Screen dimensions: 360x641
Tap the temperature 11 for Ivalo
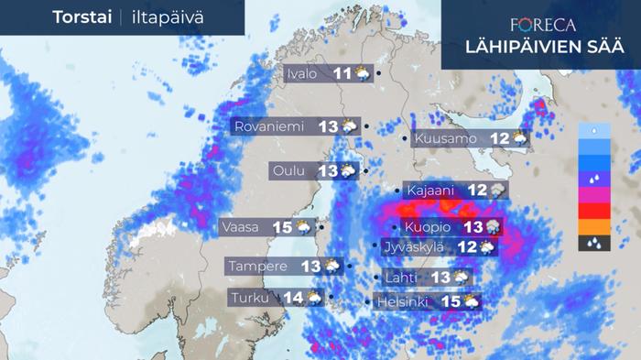(x=342, y=74)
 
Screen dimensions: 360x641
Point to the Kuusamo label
(x=446, y=139)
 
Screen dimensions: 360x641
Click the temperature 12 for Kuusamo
(x=499, y=139)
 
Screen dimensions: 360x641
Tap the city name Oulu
(x=289, y=170)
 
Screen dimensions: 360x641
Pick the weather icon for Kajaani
(x=498, y=191)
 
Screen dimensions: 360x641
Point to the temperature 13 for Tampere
(x=310, y=266)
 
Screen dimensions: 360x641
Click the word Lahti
(x=402, y=278)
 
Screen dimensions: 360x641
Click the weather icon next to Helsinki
(x=471, y=300)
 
